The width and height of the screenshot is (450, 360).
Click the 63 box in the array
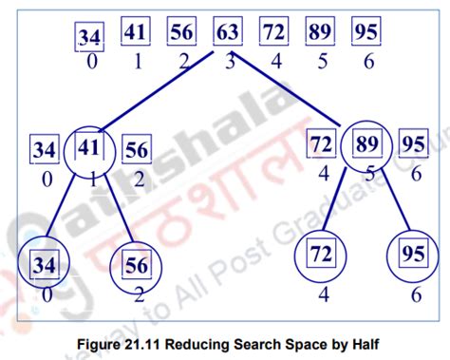click(x=226, y=33)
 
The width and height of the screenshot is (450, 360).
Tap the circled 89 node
click(x=364, y=148)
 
